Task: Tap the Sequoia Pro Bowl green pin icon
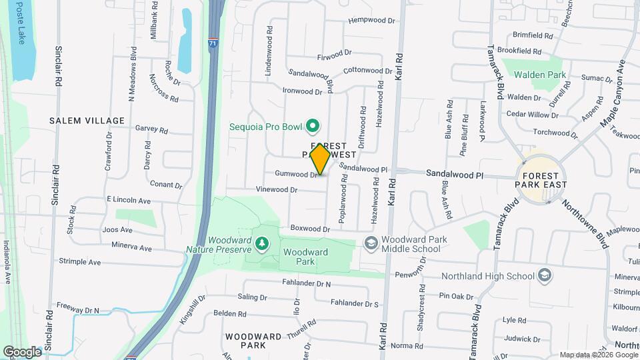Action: click(311, 125)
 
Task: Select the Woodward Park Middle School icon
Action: click(371, 244)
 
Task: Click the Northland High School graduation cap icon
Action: click(545, 275)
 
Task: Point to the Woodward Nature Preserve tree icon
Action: click(261, 245)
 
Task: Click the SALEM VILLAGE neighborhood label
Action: click(87, 121)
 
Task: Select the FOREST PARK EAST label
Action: click(541, 178)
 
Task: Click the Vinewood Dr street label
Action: click(277, 190)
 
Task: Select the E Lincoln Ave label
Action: click(129, 200)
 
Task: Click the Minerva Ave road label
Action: click(131, 249)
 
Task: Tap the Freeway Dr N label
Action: click(78, 310)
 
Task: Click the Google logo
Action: click(22, 351)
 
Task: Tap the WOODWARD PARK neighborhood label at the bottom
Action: click(253, 341)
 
